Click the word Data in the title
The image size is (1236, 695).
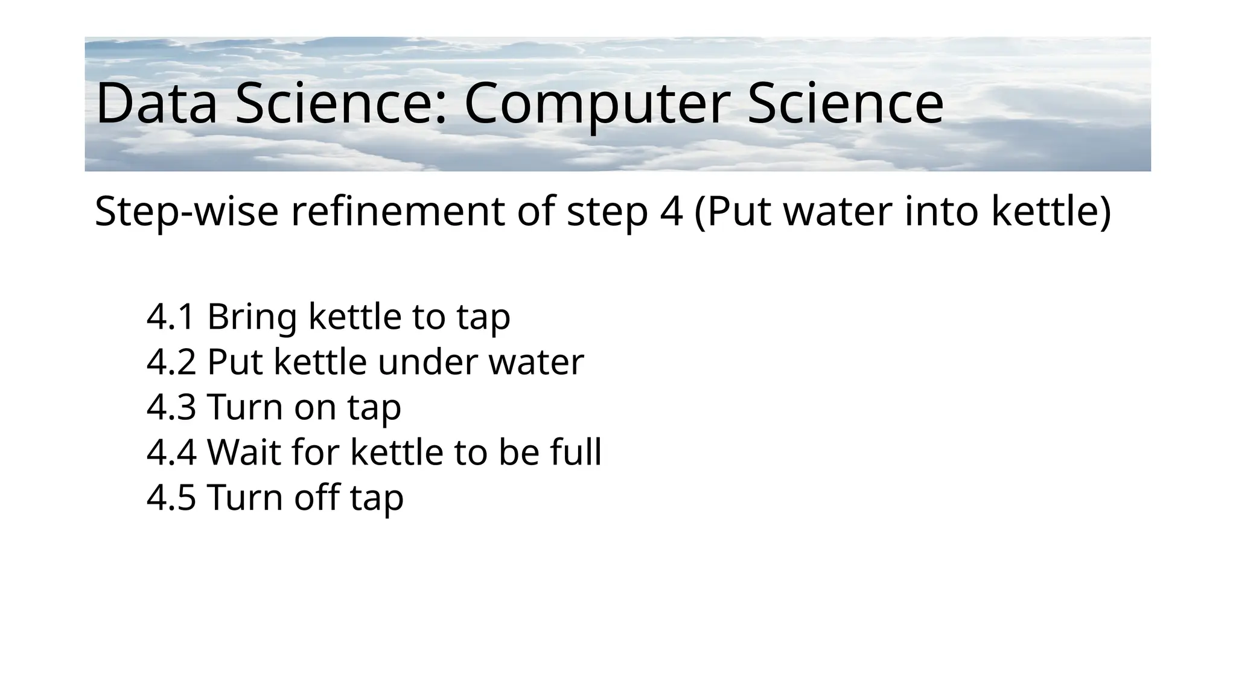[156, 104]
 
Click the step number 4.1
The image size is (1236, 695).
[171, 316]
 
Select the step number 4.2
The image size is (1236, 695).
[171, 361]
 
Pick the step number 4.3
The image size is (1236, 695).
[171, 407]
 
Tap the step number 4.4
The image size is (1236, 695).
[171, 452]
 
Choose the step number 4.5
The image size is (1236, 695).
[171, 497]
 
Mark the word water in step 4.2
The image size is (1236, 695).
[536, 361]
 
